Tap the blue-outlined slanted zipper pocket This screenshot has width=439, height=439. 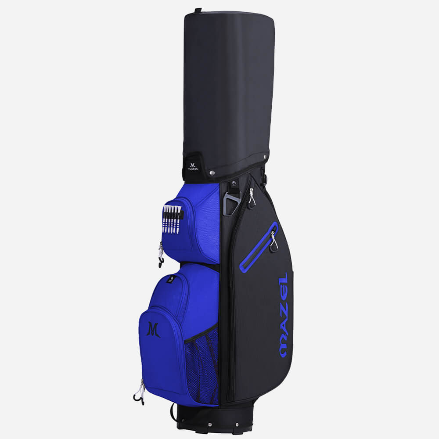click(259, 248)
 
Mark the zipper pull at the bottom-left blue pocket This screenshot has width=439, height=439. click(140, 392)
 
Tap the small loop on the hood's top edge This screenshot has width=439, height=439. click(198, 10)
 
